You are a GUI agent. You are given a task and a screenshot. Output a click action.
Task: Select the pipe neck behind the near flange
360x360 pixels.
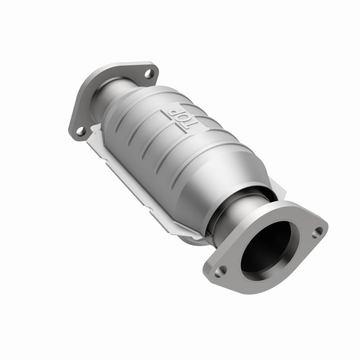243,211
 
